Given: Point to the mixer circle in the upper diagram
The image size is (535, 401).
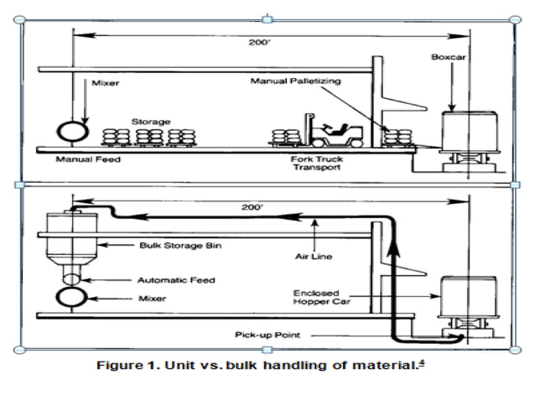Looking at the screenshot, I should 71,131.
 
